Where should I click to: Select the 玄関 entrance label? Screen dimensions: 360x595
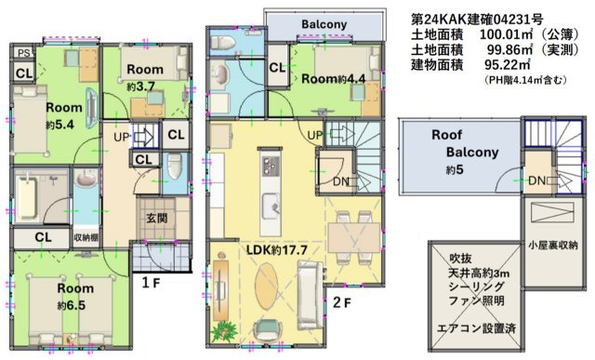click(x=155, y=219)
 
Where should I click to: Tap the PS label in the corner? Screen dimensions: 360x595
click(x=23, y=53)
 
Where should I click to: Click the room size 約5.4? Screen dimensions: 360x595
click(x=40, y=124)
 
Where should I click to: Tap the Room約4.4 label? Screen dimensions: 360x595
click(x=334, y=78)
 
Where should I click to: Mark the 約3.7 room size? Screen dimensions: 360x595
click(x=145, y=87)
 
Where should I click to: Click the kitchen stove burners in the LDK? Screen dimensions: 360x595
click(x=271, y=167)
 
